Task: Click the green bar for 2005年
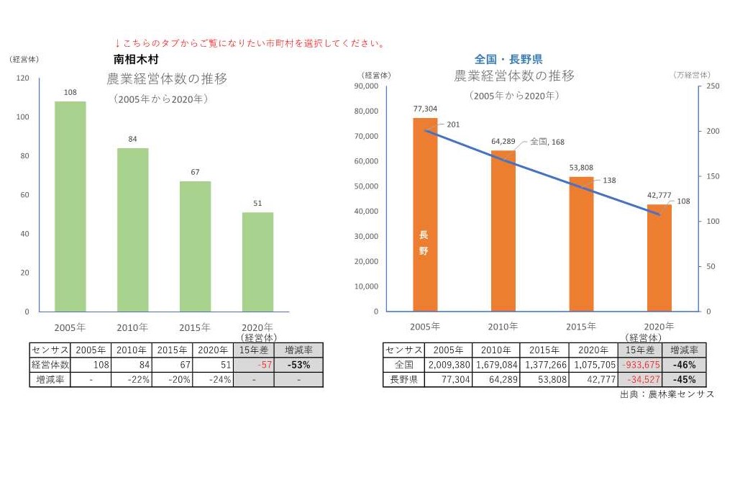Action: [x=70, y=207]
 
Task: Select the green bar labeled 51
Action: [x=257, y=262]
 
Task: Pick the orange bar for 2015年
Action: [x=581, y=244]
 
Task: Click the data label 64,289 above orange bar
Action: [x=503, y=141]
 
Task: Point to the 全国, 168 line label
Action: [x=547, y=142]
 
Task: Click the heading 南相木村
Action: [x=135, y=59]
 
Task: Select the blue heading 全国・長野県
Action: [x=508, y=59]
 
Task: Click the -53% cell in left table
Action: [x=298, y=365]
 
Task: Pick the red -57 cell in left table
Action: [x=253, y=365]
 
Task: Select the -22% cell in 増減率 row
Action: [x=132, y=380]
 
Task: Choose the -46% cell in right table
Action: [x=683, y=365]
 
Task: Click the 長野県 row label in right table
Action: [x=403, y=380]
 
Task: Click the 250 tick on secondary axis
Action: [x=712, y=86]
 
